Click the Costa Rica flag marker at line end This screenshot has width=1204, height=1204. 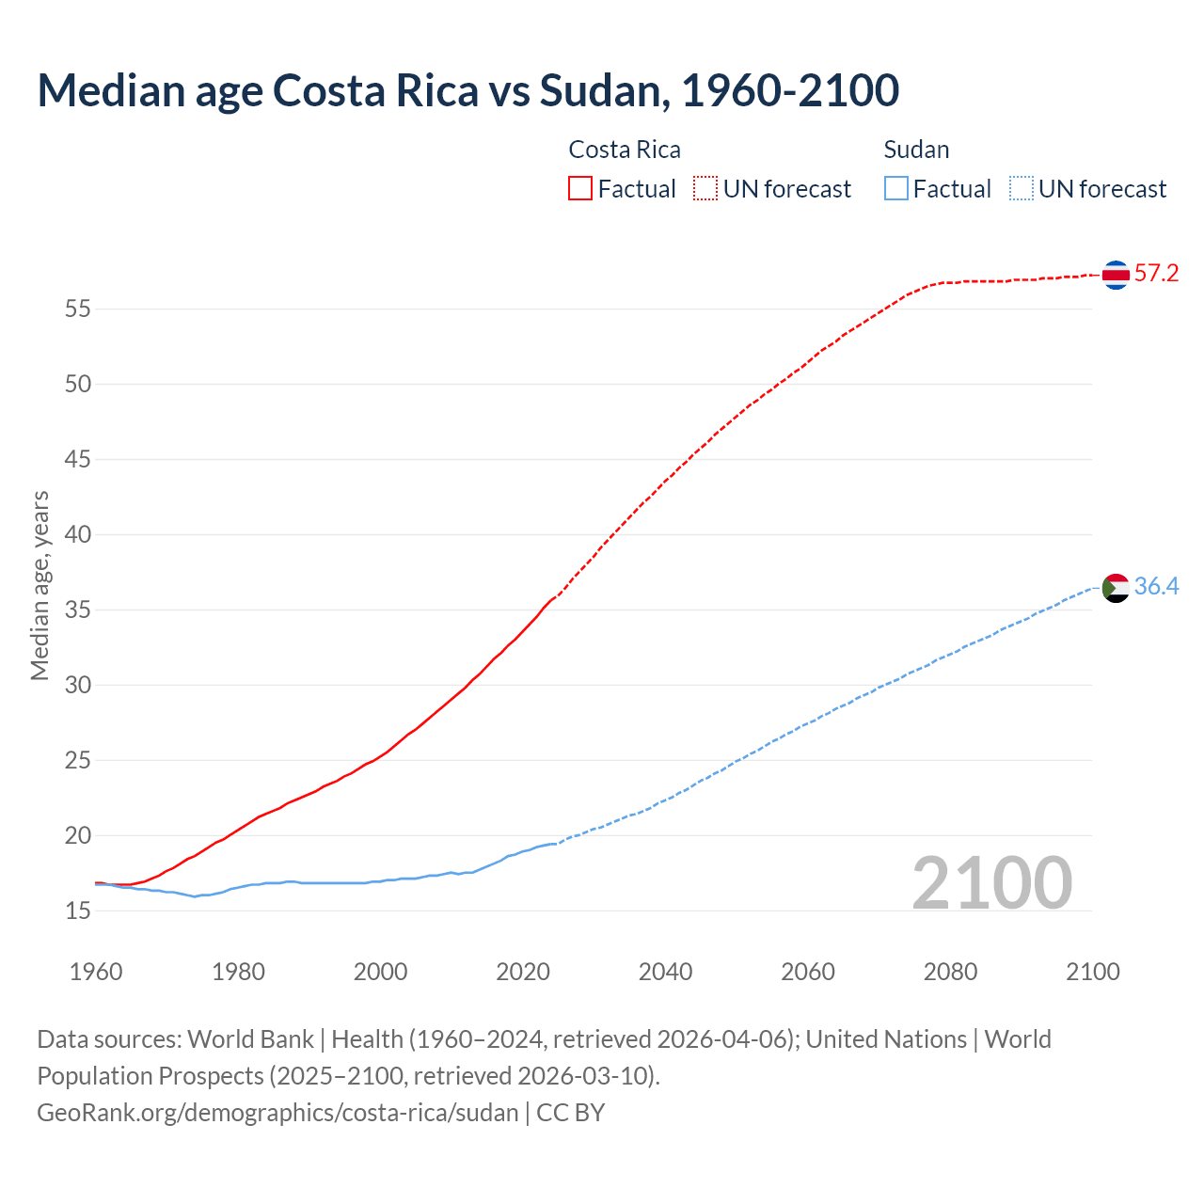(1116, 275)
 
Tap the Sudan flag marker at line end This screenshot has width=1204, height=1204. (1116, 588)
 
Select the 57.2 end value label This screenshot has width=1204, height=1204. (1156, 274)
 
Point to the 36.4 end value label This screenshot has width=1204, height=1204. (1156, 587)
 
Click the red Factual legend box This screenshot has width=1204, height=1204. (580, 188)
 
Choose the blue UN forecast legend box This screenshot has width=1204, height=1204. (1022, 188)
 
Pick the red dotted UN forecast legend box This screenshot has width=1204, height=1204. (705, 188)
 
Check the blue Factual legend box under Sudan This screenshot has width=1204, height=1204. (896, 188)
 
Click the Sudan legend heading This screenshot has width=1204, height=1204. (916, 150)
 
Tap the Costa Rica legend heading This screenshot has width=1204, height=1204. (625, 150)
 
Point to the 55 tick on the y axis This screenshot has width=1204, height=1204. (78, 309)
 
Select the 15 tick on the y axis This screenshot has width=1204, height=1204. (78, 911)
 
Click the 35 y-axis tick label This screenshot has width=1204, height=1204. (78, 610)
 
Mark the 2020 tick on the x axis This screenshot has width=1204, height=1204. (523, 972)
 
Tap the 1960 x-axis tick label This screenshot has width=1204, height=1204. (96, 972)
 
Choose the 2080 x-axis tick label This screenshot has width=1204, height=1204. (950, 972)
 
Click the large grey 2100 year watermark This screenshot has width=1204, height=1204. (991, 882)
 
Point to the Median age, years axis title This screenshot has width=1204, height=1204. (40, 585)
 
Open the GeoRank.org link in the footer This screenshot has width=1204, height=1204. (277, 1113)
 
